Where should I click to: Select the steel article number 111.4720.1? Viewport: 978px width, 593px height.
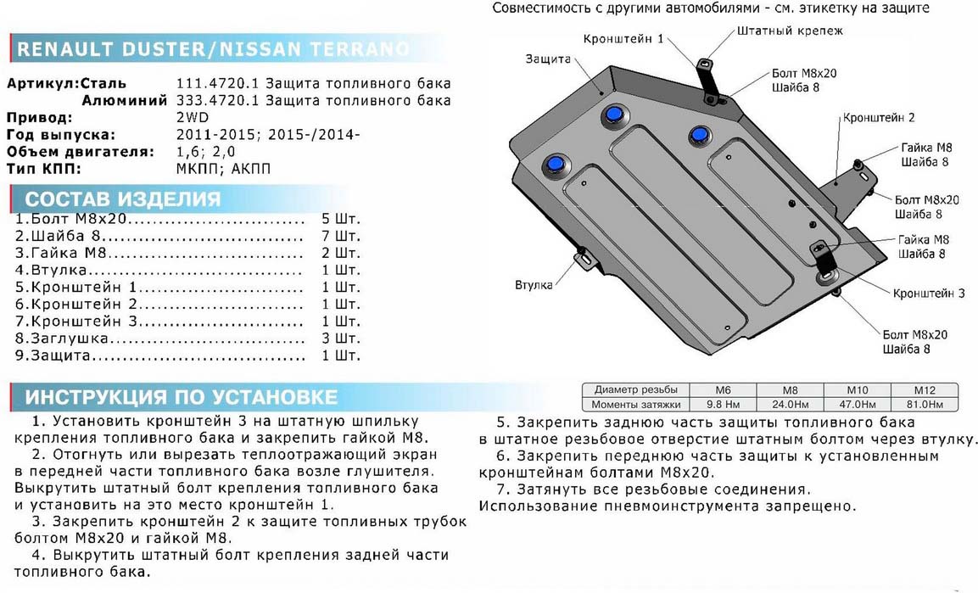tap(217, 84)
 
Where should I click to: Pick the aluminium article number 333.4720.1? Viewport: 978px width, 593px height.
tap(217, 101)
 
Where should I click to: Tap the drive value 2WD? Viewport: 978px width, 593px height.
tap(192, 118)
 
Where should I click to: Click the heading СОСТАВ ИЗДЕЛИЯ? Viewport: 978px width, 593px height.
tap(123, 199)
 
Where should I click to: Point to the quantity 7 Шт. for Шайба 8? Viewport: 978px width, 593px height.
tap(341, 236)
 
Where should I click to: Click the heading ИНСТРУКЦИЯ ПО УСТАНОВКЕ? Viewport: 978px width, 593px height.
tap(181, 397)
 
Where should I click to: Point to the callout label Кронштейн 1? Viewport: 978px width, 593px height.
tap(623, 39)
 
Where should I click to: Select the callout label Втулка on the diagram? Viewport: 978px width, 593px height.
tap(534, 284)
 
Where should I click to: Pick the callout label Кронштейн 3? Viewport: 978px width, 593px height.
tap(928, 294)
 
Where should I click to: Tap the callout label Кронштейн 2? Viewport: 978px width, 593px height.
tap(878, 118)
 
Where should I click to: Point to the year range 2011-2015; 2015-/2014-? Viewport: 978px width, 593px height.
tap(268, 135)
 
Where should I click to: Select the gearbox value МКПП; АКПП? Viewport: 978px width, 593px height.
tap(223, 169)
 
